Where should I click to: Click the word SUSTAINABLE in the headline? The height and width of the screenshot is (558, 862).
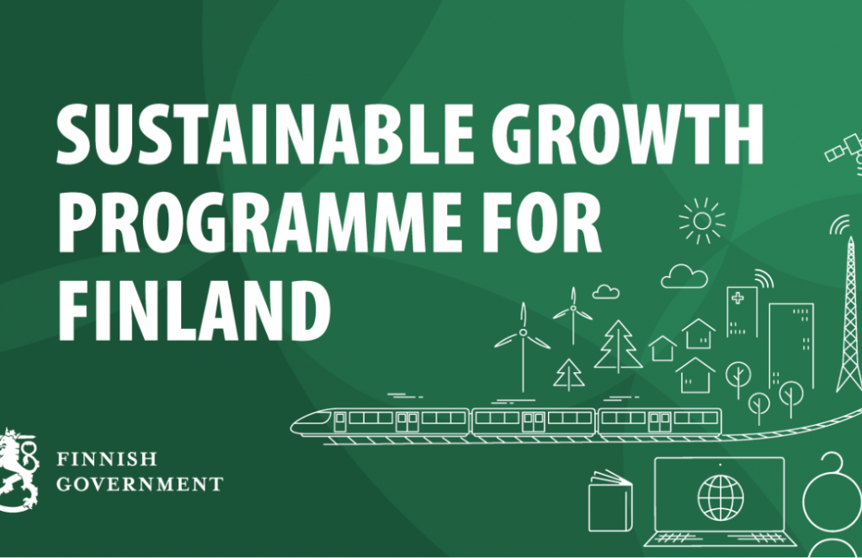pyautogui.click(x=264, y=133)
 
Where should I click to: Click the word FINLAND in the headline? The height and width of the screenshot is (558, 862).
pyautogui.click(x=194, y=310)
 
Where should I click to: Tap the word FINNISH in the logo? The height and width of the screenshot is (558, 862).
pyautogui.click(x=107, y=459)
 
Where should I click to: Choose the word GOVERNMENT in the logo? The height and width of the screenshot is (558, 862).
pyautogui.click(x=140, y=484)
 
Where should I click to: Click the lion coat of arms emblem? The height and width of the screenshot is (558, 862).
pyautogui.click(x=19, y=470)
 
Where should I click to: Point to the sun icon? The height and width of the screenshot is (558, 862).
pyautogui.click(x=702, y=221)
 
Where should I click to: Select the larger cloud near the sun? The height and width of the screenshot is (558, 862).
pyautogui.click(x=684, y=277)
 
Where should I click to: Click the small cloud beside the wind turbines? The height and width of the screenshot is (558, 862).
pyautogui.click(x=606, y=292)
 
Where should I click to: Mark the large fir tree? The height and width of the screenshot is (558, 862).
pyautogui.click(x=619, y=346)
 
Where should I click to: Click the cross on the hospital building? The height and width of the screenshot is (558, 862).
pyautogui.click(x=737, y=298)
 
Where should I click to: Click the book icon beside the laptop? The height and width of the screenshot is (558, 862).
pyautogui.click(x=610, y=501)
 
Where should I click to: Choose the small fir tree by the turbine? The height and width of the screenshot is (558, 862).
pyautogui.click(x=569, y=375)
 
